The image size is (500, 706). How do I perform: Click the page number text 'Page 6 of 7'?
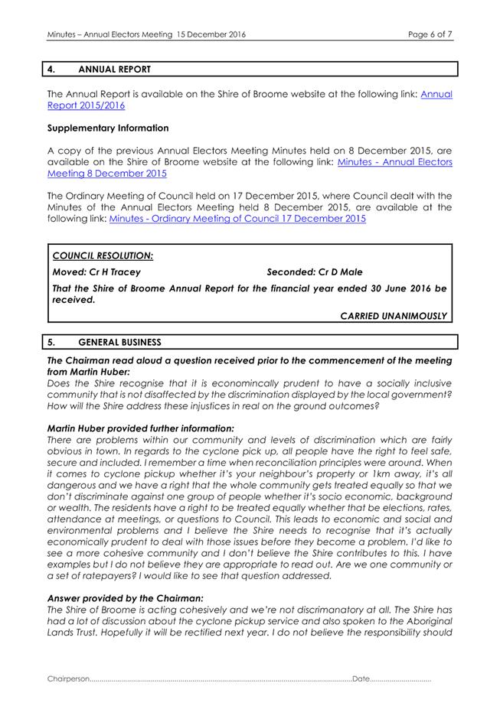click(x=430, y=34)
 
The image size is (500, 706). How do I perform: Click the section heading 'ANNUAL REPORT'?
click(x=114, y=70)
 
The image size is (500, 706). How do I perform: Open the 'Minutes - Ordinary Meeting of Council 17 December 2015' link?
click(x=237, y=219)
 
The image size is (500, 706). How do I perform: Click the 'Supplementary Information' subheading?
click(x=108, y=128)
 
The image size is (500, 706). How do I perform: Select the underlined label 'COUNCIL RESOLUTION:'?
click(x=103, y=255)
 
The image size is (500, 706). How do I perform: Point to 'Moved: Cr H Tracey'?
click(x=96, y=272)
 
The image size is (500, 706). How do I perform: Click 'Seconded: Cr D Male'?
click(x=315, y=272)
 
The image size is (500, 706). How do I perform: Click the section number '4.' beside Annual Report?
click(x=52, y=70)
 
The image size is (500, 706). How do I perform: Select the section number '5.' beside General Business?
click(x=52, y=342)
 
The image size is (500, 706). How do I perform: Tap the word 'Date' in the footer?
click(x=361, y=678)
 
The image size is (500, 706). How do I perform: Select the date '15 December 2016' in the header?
click(x=211, y=34)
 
